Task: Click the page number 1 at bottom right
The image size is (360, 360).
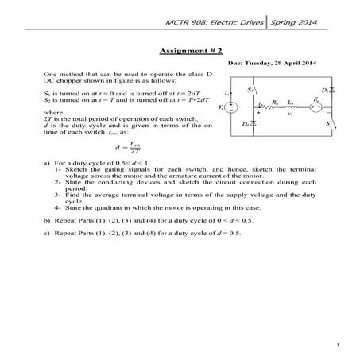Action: point(338,345)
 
